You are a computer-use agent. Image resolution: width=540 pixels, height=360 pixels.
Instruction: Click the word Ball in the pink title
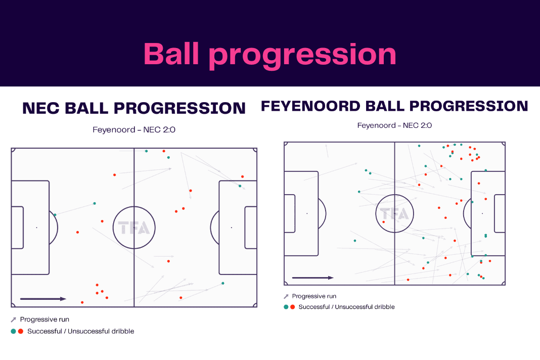(171, 54)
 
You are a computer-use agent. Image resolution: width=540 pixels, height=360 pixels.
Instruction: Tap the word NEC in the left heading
(41, 108)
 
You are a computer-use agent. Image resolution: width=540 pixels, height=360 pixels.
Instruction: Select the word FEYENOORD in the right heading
(310, 106)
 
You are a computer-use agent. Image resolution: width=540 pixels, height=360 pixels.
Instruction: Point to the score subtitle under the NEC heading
(134, 129)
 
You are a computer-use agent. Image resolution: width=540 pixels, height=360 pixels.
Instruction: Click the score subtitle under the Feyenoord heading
(394, 125)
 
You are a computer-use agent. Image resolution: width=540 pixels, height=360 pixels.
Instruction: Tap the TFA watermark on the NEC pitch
(134, 228)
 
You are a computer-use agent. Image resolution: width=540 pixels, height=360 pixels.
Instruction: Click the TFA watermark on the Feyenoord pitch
(395, 213)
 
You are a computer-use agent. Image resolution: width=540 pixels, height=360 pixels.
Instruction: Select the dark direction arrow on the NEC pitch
(43, 299)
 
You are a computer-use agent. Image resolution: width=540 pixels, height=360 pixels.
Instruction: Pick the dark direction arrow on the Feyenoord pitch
(312, 278)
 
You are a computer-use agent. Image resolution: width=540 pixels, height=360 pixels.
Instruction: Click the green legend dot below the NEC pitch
(14, 331)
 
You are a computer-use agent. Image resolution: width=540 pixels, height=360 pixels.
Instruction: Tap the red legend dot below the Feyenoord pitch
(292, 306)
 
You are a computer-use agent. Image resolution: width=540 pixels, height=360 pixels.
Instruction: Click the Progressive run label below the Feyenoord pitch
(314, 296)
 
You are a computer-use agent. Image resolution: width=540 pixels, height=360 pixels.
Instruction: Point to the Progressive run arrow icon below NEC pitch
(14, 320)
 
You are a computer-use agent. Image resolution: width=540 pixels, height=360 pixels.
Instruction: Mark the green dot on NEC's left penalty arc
(55, 214)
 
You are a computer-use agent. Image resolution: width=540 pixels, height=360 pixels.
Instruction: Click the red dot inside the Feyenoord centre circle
(384, 222)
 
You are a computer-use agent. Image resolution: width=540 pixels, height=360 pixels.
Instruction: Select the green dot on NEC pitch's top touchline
(146, 151)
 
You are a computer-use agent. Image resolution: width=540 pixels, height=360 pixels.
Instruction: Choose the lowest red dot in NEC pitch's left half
(82, 302)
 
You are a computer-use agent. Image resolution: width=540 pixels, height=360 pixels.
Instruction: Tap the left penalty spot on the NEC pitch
(36, 228)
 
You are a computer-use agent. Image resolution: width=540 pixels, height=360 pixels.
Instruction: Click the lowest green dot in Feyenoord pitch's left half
(355, 241)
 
